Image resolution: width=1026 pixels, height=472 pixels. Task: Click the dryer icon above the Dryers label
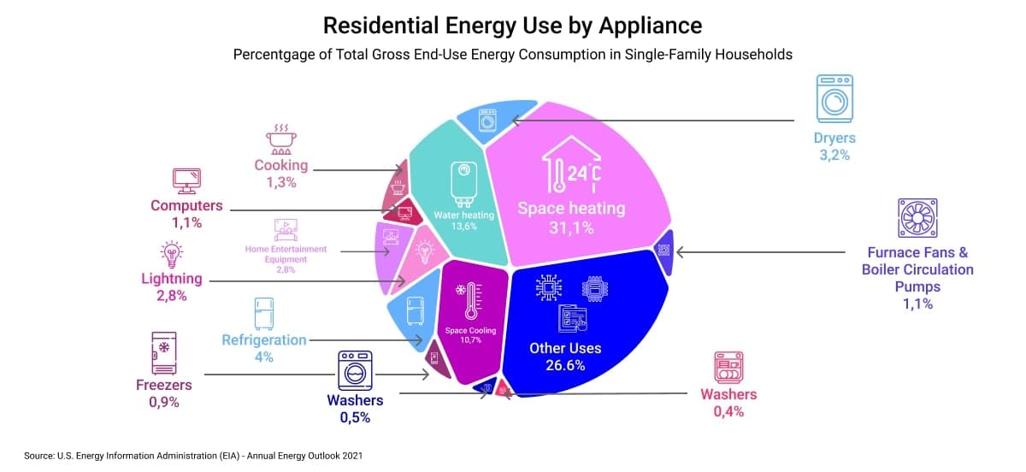click(x=834, y=99)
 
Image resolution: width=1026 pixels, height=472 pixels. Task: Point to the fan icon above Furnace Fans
click(x=917, y=218)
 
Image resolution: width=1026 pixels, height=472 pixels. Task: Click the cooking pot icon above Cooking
click(x=280, y=139)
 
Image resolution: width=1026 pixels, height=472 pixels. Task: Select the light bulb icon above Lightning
click(x=173, y=254)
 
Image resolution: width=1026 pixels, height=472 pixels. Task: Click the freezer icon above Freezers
click(x=163, y=352)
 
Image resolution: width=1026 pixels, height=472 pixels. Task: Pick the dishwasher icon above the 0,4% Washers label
click(x=728, y=367)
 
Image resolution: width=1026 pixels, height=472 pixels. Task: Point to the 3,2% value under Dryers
click(x=834, y=155)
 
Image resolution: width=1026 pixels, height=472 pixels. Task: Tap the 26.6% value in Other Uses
click(x=565, y=365)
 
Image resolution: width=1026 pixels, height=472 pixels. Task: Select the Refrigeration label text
click(x=263, y=339)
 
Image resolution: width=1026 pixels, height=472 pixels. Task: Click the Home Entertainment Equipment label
click(x=286, y=254)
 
